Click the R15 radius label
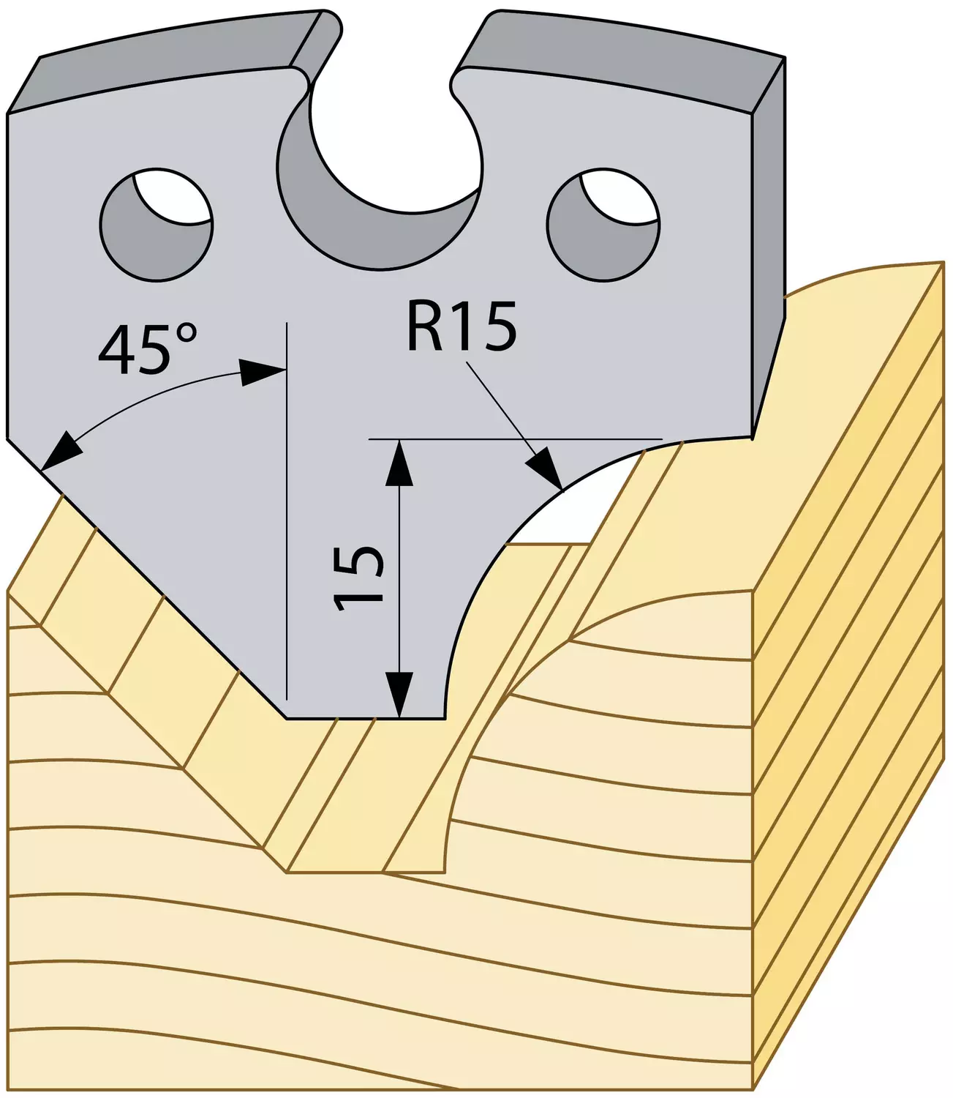pyautogui.click(x=462, y=326)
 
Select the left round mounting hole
pyautogui.click(x=156, y=225)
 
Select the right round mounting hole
pyautogui.click(x=603, y=225)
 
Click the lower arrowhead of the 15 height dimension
pyautogui.click(x=400, y=694)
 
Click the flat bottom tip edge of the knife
pyautogui.click(x=366, y=717)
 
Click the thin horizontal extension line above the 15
pyautogui.click(x=516, y=439)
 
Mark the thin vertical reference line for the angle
pyautogui.click(x=287, y=510)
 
